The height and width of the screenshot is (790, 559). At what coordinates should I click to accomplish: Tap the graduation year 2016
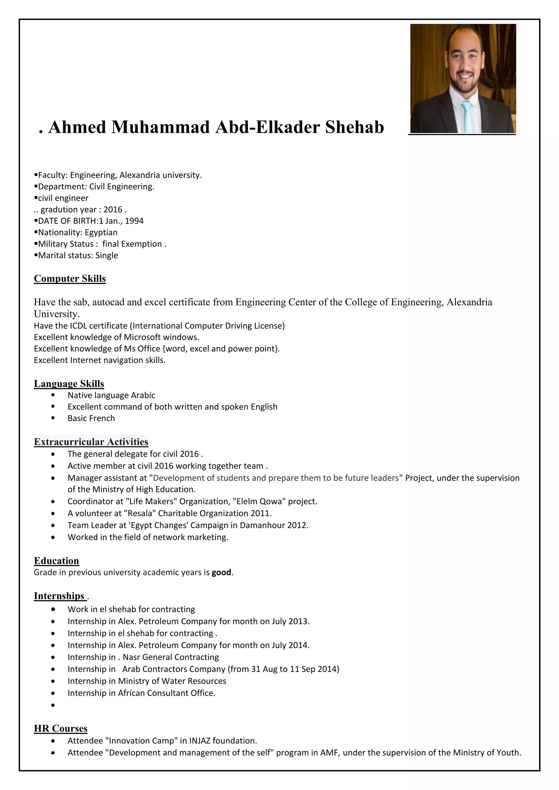113,210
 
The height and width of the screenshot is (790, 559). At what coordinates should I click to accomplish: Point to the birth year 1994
134,221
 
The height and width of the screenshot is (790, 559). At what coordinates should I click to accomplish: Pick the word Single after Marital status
107,255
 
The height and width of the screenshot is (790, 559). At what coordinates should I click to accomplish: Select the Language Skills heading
69,383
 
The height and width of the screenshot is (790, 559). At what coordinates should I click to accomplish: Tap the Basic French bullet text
91,418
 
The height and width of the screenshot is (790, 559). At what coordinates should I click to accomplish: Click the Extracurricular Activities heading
91,442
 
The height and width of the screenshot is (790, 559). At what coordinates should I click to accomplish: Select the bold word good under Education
221,572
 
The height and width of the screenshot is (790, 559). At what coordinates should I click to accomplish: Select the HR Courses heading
61,728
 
